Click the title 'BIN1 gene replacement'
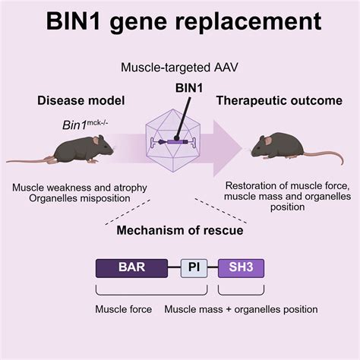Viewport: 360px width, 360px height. tap(180, 24)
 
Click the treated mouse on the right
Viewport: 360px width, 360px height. tap(281, 144)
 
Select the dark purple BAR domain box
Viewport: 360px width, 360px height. tap(131, 267)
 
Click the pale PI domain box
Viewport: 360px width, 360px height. tap(193, 267)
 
